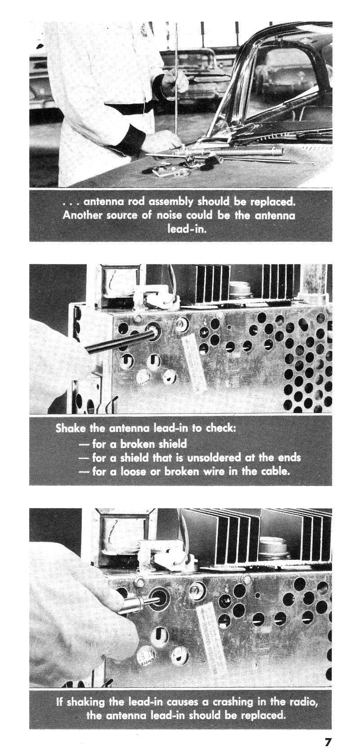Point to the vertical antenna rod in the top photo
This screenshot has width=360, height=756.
[x=175, y=81]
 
